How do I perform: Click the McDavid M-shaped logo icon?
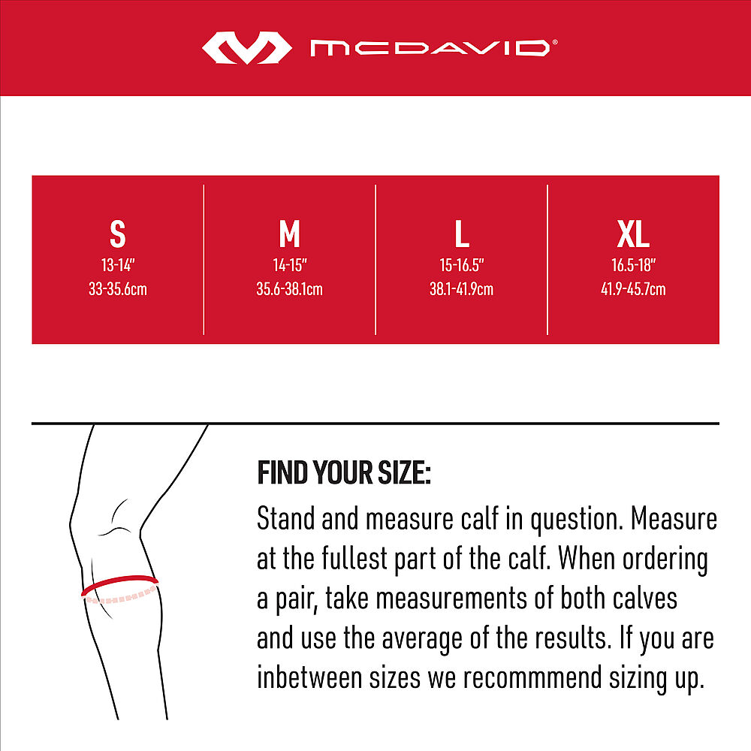pos(246,48)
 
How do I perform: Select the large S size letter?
pos(118,234)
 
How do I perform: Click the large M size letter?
pos(289,234)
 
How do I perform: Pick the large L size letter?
pos(461,234)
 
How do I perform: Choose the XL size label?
pos(633,234)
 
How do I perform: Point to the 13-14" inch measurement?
pos(118,265)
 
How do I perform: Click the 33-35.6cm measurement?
pos(118,289)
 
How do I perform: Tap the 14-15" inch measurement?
pos(289,265)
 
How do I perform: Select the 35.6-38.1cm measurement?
pos(289,289)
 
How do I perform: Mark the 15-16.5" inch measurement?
pos(461,265)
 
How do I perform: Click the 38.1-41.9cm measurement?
pos(461,289)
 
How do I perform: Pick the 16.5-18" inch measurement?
pos(633,265)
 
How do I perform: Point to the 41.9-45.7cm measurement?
pos(633,289)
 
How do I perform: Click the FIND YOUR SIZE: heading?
pos(344,474)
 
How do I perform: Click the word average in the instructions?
pos(416,638)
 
